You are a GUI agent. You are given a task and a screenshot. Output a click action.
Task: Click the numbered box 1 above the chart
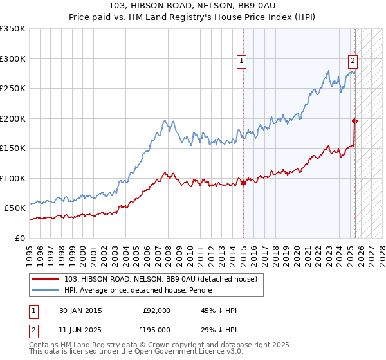point(241,62)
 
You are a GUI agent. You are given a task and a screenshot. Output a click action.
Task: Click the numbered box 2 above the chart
point(353,62)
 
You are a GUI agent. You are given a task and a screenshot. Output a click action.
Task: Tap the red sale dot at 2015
point(244,183)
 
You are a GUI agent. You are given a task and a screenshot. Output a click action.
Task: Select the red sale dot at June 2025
point(355,121)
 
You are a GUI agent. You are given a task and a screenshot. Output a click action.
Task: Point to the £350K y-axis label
point(13,29)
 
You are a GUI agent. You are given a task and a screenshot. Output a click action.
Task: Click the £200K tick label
point(13,118)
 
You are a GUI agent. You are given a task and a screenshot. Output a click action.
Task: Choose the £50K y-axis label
point(15,208)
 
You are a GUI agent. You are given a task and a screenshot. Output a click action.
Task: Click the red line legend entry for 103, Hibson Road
point(161,279)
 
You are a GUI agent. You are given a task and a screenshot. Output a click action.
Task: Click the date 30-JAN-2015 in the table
point(80,310)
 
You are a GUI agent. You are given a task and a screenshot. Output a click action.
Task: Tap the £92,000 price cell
point(156,310)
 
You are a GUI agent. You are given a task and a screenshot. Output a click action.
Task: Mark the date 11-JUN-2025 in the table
point(80,330)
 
